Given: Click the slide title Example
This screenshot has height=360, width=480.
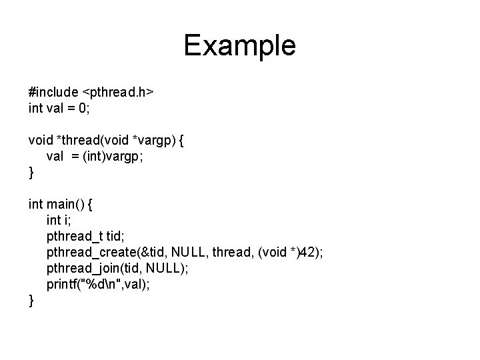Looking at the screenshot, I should pos(239,45).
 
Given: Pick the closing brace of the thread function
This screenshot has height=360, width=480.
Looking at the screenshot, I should pos(31,172).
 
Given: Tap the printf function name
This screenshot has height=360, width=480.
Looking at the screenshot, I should pos(61,285).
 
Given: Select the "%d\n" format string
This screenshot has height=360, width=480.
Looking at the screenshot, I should pos(98,285).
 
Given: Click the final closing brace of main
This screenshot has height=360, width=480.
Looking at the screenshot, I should pos(31,301).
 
